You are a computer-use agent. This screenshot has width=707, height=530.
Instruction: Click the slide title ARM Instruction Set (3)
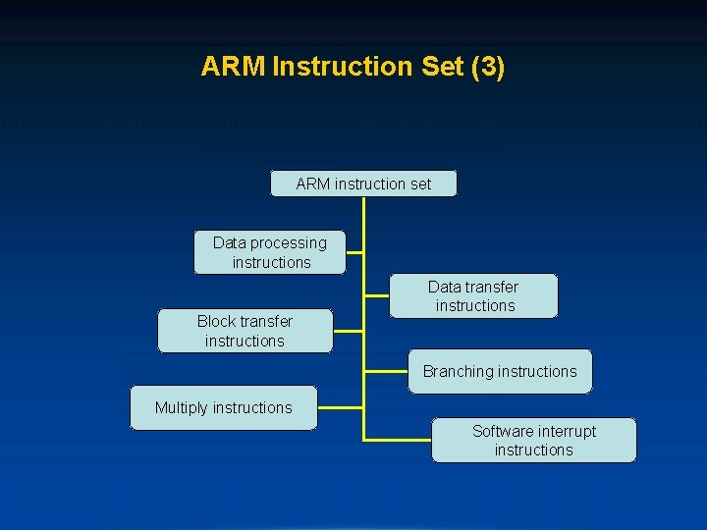coord(353,67)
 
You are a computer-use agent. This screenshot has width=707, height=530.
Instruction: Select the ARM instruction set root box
coord(363,184)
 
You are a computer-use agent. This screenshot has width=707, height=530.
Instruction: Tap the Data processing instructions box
coord(270,252)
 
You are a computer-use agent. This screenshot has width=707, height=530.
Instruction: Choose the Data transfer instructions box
coord(473,295)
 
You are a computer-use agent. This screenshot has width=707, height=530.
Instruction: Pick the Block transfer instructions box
coord(245,331)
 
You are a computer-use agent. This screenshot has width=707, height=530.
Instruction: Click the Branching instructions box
coord(500,371)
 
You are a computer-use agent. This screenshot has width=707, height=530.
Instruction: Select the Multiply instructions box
coord(224,407)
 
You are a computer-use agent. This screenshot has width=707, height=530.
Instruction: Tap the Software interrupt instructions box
coord(533,440)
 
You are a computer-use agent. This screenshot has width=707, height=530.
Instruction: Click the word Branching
coord(459,371)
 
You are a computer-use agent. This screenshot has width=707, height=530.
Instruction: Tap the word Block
coord(216,321)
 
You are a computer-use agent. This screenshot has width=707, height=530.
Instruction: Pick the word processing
coord(289,242)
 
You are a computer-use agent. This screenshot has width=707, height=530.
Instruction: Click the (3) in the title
coord(488,67)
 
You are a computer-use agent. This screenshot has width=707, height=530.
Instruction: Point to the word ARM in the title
coord(233,67)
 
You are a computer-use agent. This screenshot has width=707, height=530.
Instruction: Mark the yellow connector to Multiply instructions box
coord(340,407)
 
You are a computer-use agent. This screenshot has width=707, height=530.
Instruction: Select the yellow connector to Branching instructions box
coord(386,372)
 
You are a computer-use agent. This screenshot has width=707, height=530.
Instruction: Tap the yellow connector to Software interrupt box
coord(398,439)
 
